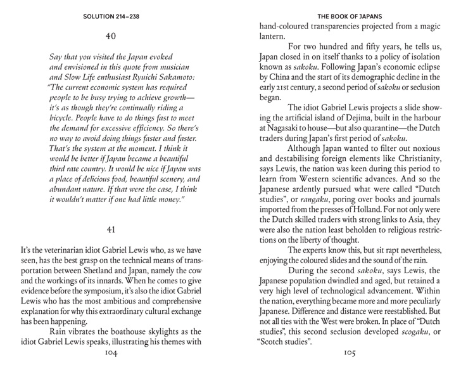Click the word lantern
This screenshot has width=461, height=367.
point(274,37)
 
